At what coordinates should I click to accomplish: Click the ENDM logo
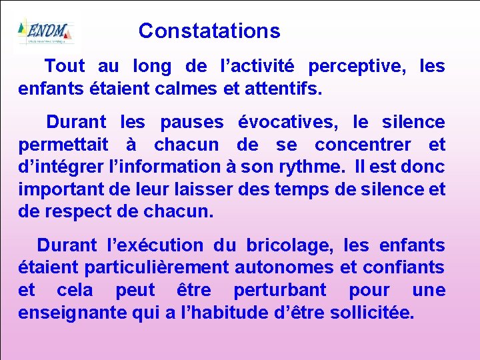click(45, 31)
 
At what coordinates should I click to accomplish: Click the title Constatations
click(209, 31)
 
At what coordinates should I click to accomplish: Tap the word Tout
click(65, 66)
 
